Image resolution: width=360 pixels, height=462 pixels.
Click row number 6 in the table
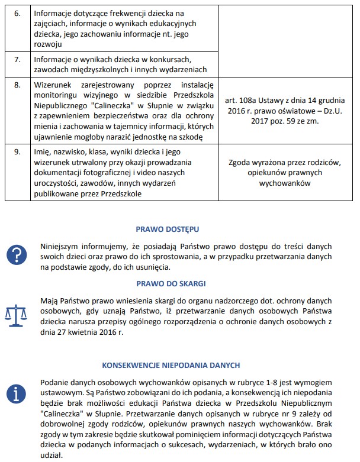pyautogui.click(x=17, y=12)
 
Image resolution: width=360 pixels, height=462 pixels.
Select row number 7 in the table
pyautogui.click(x=17, y=60)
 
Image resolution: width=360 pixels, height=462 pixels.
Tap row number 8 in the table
pyautogui.click(x=17, y=85)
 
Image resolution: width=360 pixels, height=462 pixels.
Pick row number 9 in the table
pyautogui.click(x=17, y=152)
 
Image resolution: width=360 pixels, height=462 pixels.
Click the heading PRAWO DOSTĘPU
pyautogui.click(x=167, y=228)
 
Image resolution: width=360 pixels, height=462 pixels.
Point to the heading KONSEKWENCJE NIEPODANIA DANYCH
pyautogui.click(x=171, y=366)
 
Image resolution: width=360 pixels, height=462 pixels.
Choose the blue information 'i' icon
pyautogui.click(x=16, y=393)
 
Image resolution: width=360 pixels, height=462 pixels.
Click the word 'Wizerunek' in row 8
pyautogui.click(x=52, y=85)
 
